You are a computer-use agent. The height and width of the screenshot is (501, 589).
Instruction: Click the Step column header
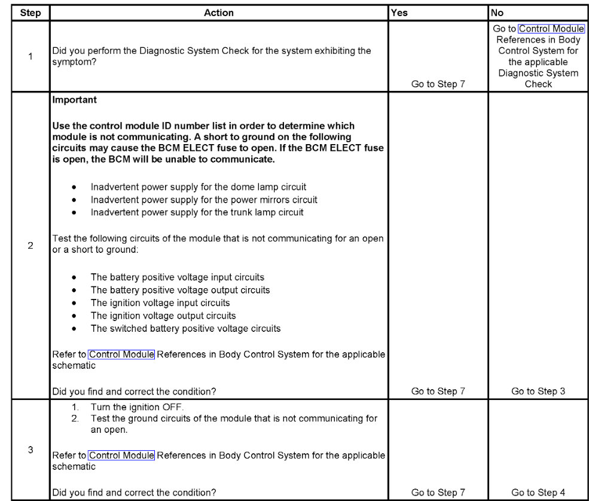coord(30,13)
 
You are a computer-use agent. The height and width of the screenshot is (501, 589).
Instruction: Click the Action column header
coord(218,13)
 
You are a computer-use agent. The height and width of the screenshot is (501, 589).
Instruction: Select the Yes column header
coord(399,13)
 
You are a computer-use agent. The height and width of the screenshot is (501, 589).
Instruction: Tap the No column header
coord(498,13)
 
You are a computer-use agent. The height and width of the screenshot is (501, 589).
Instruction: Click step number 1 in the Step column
coord(30,57)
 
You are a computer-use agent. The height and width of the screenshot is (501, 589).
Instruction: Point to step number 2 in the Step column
coord(30,245)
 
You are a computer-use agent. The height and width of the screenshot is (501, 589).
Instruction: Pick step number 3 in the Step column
coord(30,450)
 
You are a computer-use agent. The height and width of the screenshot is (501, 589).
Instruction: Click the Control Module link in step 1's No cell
coord(551,29)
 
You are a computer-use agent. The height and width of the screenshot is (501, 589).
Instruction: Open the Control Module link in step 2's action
coord(121,355)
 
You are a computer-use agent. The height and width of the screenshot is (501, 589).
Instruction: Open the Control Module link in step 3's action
coord(121,456)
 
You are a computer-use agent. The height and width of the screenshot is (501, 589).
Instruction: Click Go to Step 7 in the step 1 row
coord(438,84)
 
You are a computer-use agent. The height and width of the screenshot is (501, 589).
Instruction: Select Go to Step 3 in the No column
coord(538,392)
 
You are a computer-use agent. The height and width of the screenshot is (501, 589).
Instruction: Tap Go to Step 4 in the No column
coord(538,493)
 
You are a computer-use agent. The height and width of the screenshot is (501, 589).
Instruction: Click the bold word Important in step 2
coord(75,100)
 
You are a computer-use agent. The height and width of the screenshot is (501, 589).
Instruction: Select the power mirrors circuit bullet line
coord(203,200)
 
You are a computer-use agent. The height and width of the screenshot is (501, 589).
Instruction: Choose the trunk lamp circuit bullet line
coord(197,212)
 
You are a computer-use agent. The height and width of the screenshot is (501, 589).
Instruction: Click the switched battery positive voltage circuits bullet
coord(185,328)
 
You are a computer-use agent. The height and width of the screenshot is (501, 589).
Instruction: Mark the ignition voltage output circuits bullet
coord(163,316)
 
